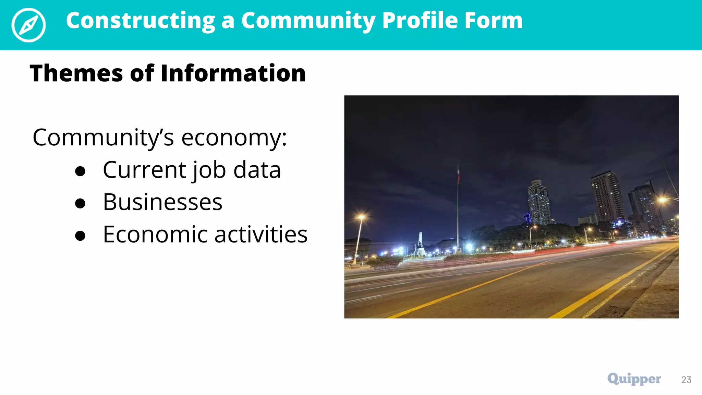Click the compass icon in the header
pyautogui.click(x=28, y=25)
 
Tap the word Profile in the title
pyautogui.click(x=420, y=21)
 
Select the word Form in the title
pyautogui.click(x=494, y=21)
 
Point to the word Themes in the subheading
pyautogui.click(x=76, y=73)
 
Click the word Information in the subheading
pyautogui.click(x=233, y=73)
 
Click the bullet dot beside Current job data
pyautogui.click(x=80, y=171)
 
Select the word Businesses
pyautogui.click(x=162, y=202)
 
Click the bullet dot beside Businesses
pyautogui.click(x=80, y=203)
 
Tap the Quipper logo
pyautogui.click(x=634, y=379)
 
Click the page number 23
pyautogui.click(x=686, y=380)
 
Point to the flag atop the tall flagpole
pyautogui.click(x=458, y=175)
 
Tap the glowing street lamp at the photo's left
pyautogui.click(x=361, y=217)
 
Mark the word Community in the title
pyautogui.click(x=308, y=21)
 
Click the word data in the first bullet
pyautogui.click(x=257, y=170)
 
